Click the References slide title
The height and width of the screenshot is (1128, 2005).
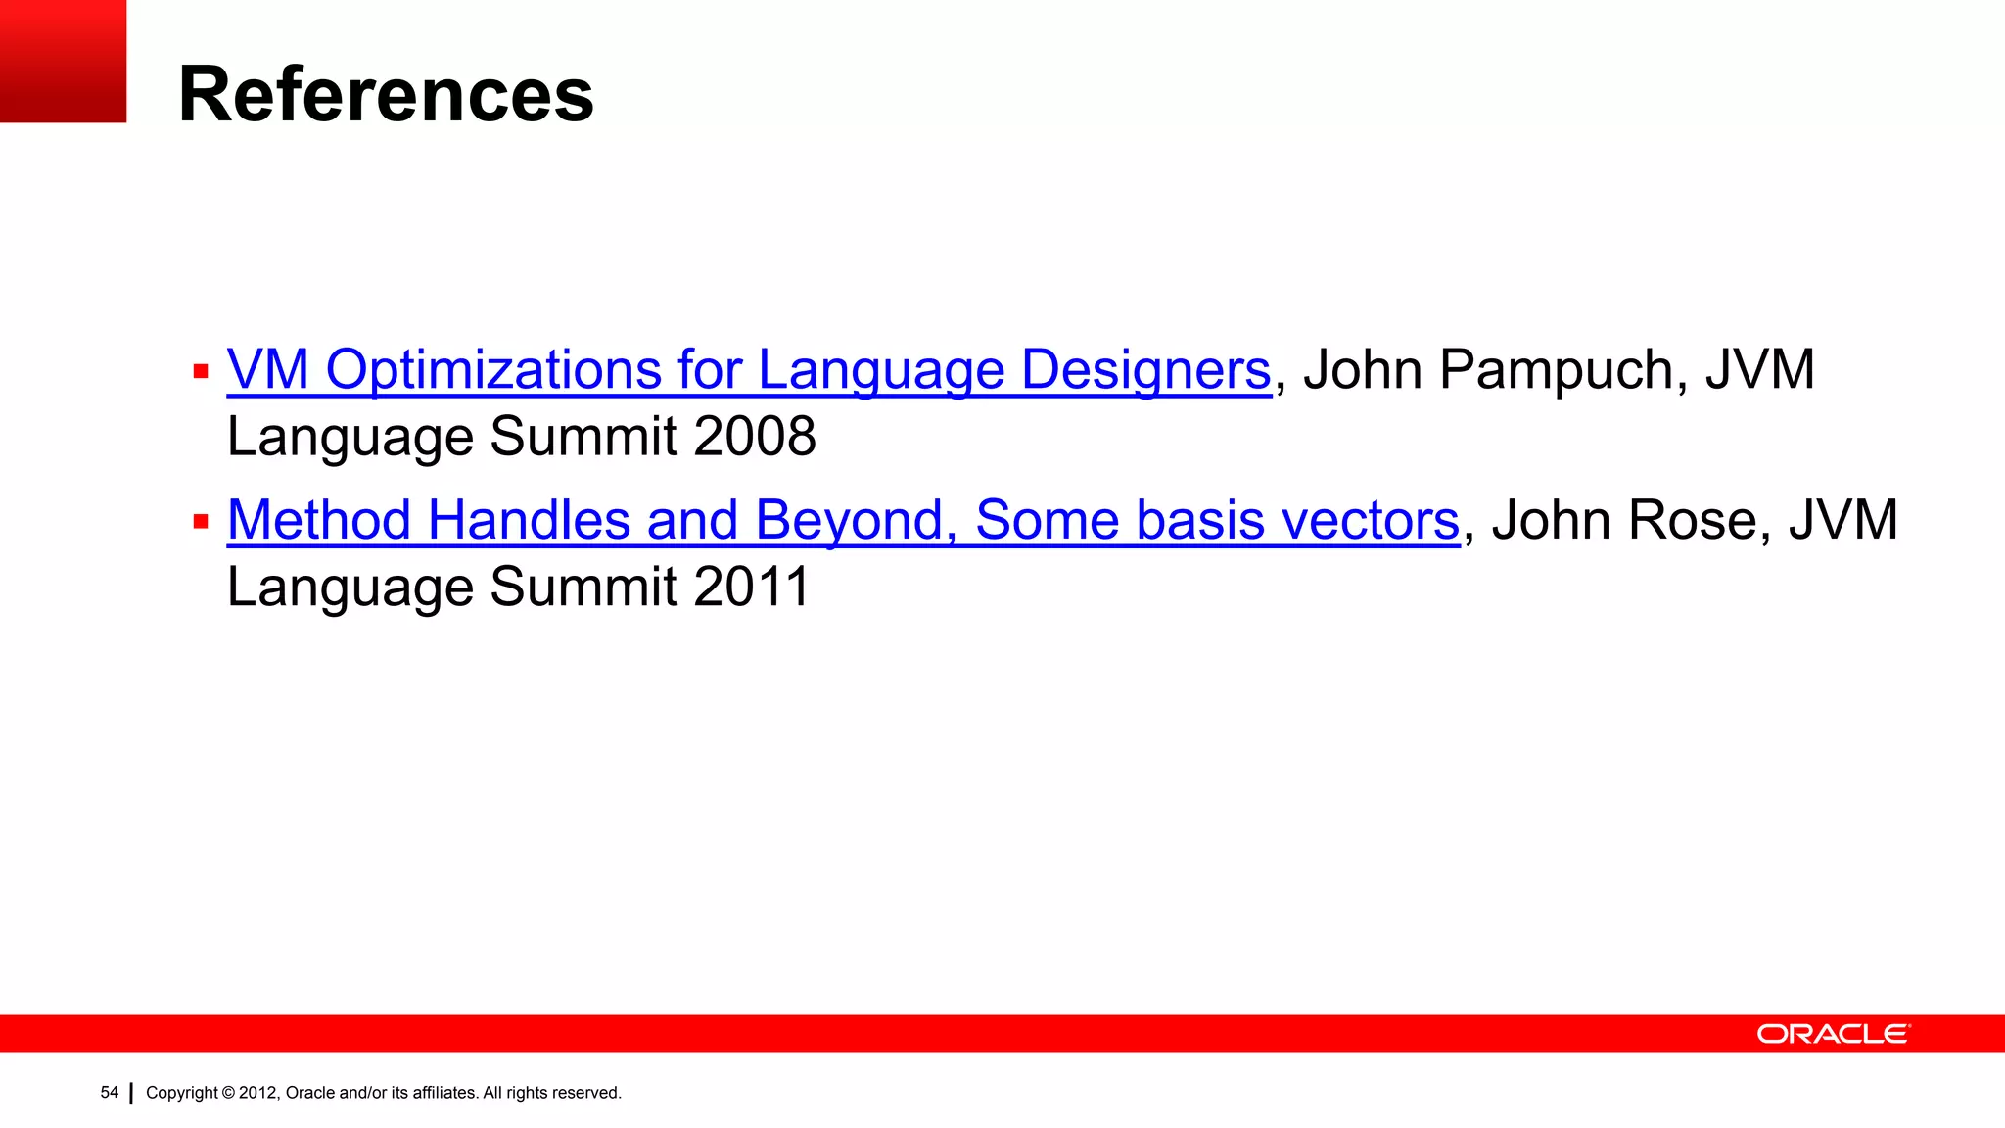tap(386, 94)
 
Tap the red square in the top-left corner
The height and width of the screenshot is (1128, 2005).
tap(63, 61)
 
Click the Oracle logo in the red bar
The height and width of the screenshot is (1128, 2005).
tap(1833, 1034)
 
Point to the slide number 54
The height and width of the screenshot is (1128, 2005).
tap(109, 1092)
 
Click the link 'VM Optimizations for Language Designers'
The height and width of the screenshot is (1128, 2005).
tap(748, 370)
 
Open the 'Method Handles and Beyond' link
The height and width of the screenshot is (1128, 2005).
tap(842, 520)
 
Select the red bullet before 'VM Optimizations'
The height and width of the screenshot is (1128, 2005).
tap(201, 372)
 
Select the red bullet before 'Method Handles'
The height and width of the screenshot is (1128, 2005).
tap(201, 522)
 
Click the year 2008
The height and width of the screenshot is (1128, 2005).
tap(754, 437)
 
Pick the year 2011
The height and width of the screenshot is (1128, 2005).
tap(751, 587)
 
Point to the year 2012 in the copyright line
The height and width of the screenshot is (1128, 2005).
tap(258, 1093)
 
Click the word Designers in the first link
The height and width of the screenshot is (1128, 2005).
tap(1145, 370)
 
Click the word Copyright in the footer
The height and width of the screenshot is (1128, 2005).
tap(181, 1093)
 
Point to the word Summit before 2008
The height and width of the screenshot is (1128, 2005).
tap(583, 437)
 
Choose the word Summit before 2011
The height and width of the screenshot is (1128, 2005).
tap(583, 587)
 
